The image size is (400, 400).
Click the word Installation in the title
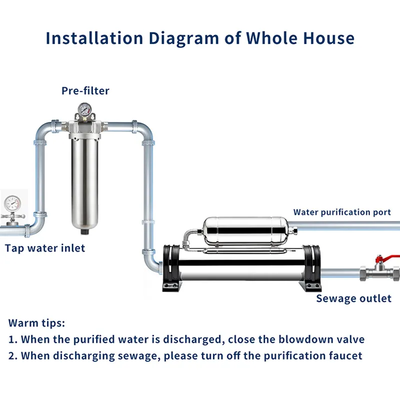pos(94,38)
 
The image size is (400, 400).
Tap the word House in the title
pos(328,38)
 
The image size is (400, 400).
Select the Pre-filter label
pos(85,91)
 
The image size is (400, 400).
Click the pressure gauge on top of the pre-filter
pos(85,109)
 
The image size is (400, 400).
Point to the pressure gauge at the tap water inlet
pos(12,203)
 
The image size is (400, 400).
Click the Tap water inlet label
pos(45,248)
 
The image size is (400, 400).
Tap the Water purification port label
pos(342,212)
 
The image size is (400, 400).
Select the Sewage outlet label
pos(354,298)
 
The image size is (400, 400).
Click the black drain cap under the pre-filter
pos(84,231)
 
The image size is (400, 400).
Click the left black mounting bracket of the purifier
pos(172,268)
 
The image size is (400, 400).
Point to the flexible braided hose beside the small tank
pos(189,238)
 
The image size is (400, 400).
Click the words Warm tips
pos(36,323)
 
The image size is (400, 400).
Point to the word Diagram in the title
pos(183,38)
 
